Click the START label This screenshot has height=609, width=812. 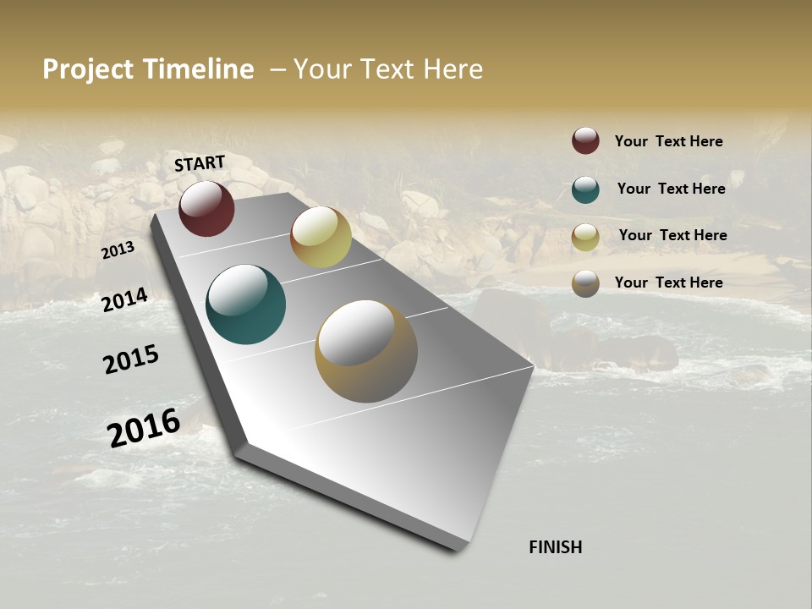[200, 163]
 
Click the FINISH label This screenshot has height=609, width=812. [555, 547]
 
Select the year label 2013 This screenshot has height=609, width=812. [118, 250]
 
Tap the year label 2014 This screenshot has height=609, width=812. [125, 300]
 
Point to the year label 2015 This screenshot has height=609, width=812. [131, 359]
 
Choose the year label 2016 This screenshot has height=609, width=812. [144, 427]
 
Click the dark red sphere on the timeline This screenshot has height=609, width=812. [206, 208]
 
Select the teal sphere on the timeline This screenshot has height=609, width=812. [245, 304]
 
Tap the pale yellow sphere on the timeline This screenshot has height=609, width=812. [321, 237]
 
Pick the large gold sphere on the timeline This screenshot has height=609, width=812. [366, 351]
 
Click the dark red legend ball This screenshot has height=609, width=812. [585, 140]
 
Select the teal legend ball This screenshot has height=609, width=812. [585, 189]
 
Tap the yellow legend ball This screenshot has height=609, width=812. [585, 236]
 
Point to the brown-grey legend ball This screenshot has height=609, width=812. [585, 283]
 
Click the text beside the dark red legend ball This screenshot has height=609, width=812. [668, 141]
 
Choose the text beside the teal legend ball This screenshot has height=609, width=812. [671, 189]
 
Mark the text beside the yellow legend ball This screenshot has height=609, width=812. [672, 235]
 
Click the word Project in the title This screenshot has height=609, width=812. [89, 69]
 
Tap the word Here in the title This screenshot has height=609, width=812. [453, 69]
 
